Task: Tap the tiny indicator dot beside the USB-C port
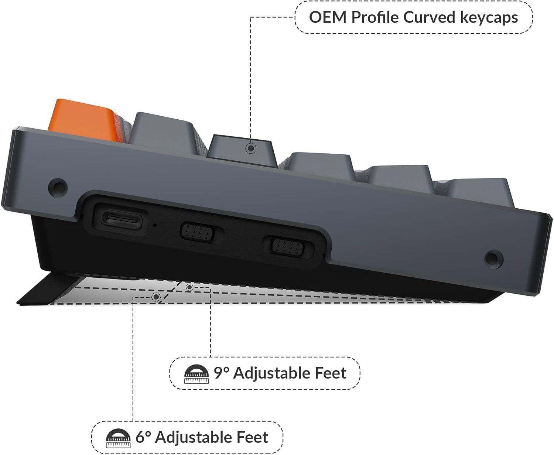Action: click(x=155, y=225)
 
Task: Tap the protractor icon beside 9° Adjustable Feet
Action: click(x=196, y=374)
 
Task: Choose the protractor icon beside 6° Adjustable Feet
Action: click(x=118, y=438)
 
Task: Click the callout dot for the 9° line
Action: click(x=189, y=287)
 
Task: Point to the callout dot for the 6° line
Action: click(x=156, y=297)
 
